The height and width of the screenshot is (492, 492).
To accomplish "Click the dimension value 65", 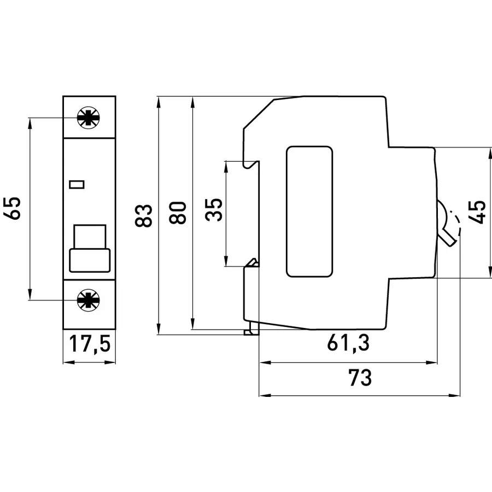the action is tap(12, 208).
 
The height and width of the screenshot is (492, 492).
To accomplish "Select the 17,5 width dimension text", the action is tap(90, 344).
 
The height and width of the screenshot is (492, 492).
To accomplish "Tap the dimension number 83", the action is tap(143, 215).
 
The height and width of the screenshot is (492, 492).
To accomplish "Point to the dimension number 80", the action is tap(178, 213).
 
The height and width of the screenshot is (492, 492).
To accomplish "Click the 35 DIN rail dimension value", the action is tap(214, 209).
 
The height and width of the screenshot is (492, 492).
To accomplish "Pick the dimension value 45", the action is tap(477, 212).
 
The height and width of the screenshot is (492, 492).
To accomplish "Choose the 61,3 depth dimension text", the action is tap(348, 343).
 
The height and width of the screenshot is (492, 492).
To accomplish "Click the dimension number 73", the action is tap(360, 377).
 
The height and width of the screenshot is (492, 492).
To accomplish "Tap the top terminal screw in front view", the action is tap(89, 118).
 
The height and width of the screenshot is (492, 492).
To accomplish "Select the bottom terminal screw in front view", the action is tap(89, 300).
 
